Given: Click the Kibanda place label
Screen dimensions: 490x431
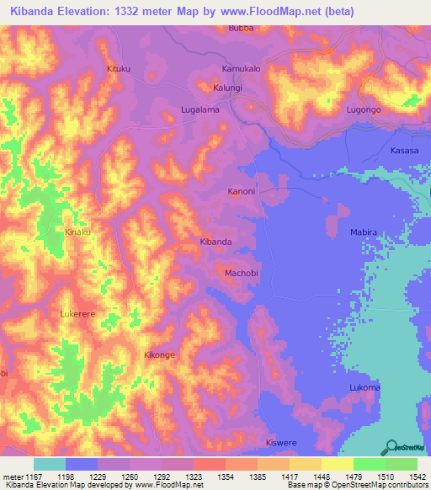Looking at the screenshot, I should (215, 242).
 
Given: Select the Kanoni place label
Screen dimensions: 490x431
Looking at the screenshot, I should (242, 192).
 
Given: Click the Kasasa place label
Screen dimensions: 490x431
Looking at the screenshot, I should (404, 150).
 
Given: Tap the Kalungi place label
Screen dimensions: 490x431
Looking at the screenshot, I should (227, 88).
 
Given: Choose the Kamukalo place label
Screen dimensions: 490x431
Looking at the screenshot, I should (242, 68).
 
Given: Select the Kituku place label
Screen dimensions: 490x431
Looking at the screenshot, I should (120, 68).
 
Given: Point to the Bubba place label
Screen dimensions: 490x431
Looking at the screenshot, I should (241, 28).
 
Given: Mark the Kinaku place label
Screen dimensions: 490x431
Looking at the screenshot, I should (77, 231).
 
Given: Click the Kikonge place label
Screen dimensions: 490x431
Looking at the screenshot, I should (160, 355).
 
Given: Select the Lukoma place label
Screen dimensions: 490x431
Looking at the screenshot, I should (364, 387).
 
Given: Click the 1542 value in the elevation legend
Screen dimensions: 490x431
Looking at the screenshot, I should (413, 477).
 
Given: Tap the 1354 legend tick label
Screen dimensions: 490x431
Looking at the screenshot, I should (226, 477).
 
